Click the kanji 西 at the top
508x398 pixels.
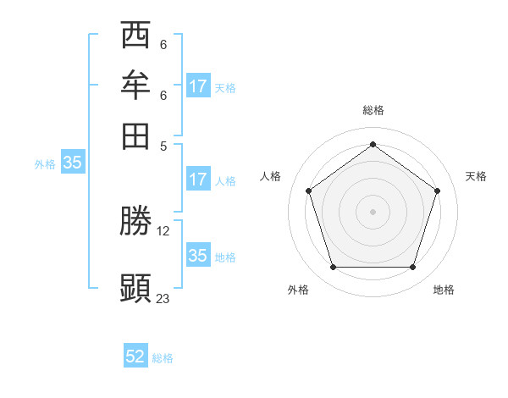136,36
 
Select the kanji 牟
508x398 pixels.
136,86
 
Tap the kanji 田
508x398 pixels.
136,135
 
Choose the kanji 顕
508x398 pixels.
136,288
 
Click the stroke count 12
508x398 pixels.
164,230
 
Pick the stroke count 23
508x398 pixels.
163,298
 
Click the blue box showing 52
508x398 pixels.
135,357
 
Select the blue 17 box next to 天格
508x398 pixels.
198,86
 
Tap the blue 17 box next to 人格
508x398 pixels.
198,180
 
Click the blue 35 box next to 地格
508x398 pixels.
198,256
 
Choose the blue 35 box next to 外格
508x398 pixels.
72,163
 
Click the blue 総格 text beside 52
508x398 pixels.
163,358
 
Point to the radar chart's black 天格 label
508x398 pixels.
476,176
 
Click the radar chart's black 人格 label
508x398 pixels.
270,176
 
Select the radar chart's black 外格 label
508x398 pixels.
298,290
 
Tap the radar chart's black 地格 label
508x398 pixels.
444,290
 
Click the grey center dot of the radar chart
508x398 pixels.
373,211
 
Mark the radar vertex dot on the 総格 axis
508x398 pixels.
373,144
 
